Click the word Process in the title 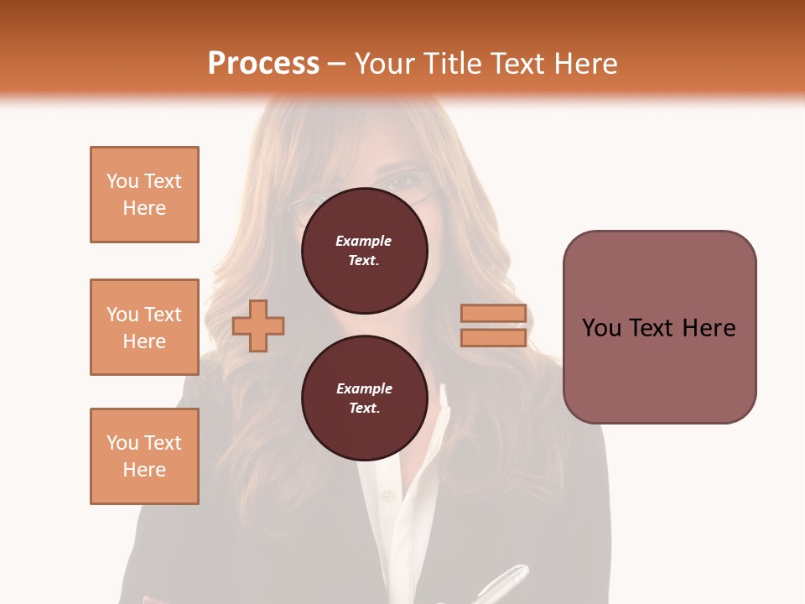(263, 64)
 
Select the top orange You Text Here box (144, 195)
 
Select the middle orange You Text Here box (144, 327)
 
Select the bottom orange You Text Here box (144, 456)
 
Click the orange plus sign (258, 325)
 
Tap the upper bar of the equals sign (493, 314)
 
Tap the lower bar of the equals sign (493, 338)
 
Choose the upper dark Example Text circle (364, 251)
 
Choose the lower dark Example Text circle (364, 398)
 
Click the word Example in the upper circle (364, 241)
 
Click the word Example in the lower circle (364, 388)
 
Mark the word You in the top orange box (122, 181)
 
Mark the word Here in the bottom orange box (144, 470)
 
